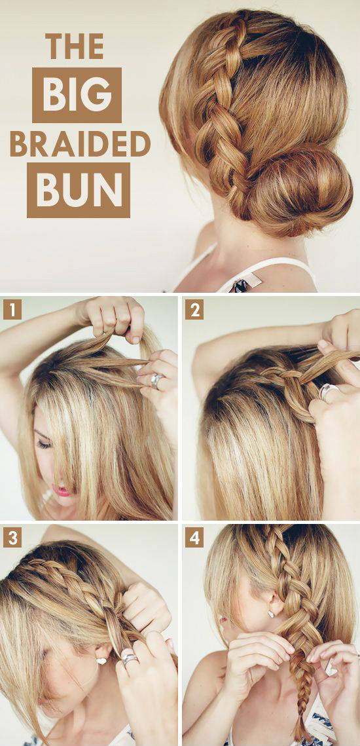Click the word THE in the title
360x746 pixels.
click(x=75, y=47)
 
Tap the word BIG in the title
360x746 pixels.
click(x=77, y=95)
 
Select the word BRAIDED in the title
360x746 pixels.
click(x=80, y=143)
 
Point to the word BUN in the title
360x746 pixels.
click(x=78, y=190)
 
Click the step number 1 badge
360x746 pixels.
click(x=12, y=310)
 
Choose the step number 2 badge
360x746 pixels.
click(x=194, y=310)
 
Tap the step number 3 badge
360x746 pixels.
click(x=12, y=538)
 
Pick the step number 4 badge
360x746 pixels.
click(x=194, y=538)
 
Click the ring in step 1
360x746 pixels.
click(x=157, y=380)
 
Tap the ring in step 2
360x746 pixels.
click(x=329, y=391)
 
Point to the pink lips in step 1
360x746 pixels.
click(x=61, y=490)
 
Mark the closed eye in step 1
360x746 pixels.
click(x=44, y=443)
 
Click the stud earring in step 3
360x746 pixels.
click(x=101, y=661)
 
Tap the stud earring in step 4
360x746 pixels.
click(x=270, y=613)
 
